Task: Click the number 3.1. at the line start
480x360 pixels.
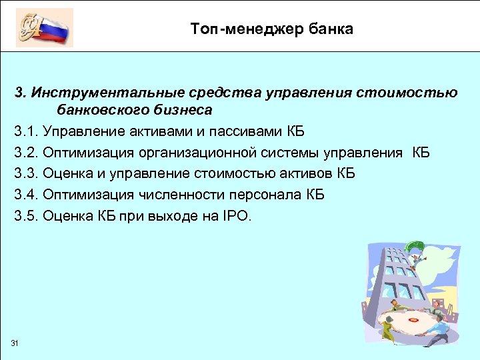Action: (x=26, y=130)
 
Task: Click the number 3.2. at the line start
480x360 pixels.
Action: (x=26, y=152)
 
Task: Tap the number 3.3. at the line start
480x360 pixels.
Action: (x=26, y=173)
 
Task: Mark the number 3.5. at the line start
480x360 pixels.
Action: (x=26, y=216)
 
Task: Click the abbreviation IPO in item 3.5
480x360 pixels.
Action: (x=237, y=216)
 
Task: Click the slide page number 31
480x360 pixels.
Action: (x=15, y=343)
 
